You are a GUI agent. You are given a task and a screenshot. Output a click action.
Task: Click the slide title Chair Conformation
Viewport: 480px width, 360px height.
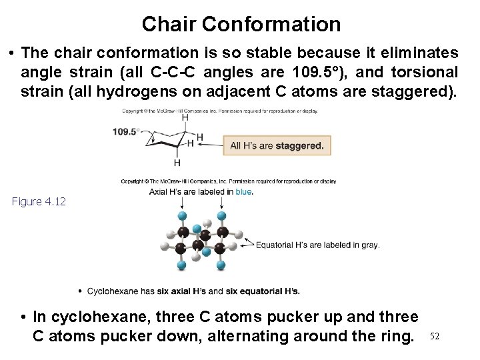point(241,25)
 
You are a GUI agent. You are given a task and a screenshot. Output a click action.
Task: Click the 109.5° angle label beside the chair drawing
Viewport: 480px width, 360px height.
point(126,131)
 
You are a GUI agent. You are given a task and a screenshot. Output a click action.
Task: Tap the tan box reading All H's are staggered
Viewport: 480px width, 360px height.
point(276,145)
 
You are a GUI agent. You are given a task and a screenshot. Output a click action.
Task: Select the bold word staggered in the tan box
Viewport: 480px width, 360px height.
point(299,145)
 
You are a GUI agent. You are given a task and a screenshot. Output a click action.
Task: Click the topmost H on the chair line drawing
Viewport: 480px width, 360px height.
point(185,117)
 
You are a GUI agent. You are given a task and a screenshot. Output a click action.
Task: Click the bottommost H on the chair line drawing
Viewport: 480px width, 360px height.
point(177,162)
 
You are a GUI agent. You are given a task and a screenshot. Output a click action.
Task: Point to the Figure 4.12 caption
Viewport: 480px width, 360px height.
point(39,201)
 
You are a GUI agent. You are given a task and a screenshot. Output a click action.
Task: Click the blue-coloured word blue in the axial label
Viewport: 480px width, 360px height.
point(243,191)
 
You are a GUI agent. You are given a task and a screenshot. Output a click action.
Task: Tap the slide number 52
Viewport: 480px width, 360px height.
point(435,336)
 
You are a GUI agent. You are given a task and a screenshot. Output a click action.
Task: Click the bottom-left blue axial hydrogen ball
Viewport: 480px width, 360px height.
point(181,265)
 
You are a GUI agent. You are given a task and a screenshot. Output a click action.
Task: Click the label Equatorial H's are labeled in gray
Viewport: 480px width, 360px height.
point(318,245)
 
